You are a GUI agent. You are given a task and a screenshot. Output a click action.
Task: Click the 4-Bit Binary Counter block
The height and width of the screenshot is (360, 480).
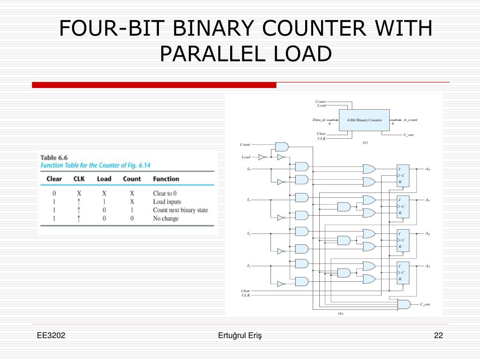pyautogui.click(x=364, y=120)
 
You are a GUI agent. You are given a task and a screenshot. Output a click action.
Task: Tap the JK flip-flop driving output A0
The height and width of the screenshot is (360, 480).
pyautogui.click(x=403, y=175)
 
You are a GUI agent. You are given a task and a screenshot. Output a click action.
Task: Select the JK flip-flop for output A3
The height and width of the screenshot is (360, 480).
pyautogui.click(x=403, y=272)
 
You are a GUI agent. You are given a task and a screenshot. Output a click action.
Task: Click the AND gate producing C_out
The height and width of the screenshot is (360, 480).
pyautogui.click(x=403, y=304)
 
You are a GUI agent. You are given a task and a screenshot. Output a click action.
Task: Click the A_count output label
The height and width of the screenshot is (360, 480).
pyautogui.click(x=410, y=120)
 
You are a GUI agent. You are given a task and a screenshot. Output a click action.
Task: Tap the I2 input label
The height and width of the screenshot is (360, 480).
pyautogui.click(x=248, y=233)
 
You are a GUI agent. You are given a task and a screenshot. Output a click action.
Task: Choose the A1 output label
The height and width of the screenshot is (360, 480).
pyautogui.click(x=427, y=200)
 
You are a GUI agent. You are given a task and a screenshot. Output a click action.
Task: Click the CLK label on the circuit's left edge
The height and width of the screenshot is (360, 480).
pyautogui.click(x=246, y=295)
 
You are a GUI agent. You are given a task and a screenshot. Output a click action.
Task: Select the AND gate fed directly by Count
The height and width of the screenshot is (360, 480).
pyautogui.click(x=282, y=147)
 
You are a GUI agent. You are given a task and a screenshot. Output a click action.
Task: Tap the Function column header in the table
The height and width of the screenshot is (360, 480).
pyautogui.click(x=166, y=179)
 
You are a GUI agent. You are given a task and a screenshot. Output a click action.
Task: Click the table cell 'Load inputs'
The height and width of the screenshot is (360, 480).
pyautogui.click(x=167, y=202)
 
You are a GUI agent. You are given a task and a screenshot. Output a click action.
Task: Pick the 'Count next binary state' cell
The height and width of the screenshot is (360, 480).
pyautogui.click(x=180, y=210)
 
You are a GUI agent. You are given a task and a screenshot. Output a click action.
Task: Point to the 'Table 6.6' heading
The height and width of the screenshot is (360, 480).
pyautogui.click(x=55, y=157)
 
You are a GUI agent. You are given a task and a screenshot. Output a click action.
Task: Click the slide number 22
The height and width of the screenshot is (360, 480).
pyautogui.click(x=438, y=335)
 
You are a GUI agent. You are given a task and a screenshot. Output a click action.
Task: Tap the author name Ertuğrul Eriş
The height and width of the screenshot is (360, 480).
pyautogui.click(x=240, y=335)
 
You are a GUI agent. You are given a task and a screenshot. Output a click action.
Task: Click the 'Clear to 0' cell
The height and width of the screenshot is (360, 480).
pyautogui.click(x=165, y=193)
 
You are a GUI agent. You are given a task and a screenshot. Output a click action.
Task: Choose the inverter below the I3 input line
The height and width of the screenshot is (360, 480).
pyautogui.click(x=281, y=284)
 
